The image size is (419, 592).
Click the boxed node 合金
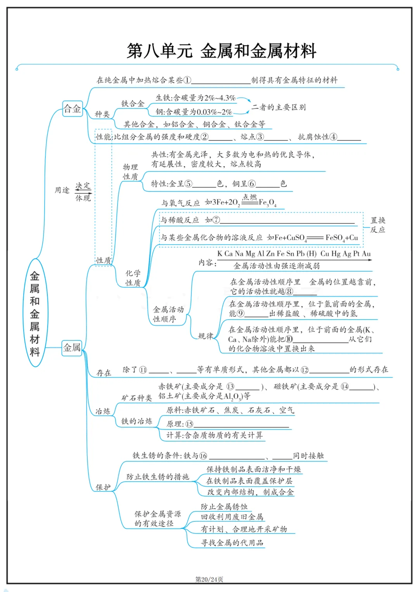point(72,109)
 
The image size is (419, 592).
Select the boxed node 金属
point(72,347)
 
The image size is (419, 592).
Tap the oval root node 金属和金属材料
point(35,313)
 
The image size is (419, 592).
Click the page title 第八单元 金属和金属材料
point(222,51)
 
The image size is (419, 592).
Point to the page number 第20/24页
point(209,579)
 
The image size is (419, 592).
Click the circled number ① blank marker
point(187,80)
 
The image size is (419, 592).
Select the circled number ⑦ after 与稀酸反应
point(216,220)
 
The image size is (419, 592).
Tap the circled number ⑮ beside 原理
point(189,424)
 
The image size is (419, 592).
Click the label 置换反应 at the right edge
point(377,225)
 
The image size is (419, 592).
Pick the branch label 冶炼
point(103,411)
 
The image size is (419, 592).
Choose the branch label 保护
point(103,487)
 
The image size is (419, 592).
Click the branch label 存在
point(104,373)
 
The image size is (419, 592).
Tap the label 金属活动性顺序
point(168,314)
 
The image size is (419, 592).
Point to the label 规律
point(206,336)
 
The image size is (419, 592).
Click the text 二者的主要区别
point(279,107)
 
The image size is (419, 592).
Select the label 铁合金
point(133,104)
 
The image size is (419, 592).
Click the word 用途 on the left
point(62,190)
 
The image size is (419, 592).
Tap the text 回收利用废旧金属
point(232,517)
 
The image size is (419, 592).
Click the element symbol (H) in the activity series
point(311,254)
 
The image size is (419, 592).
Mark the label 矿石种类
point(137,398)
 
